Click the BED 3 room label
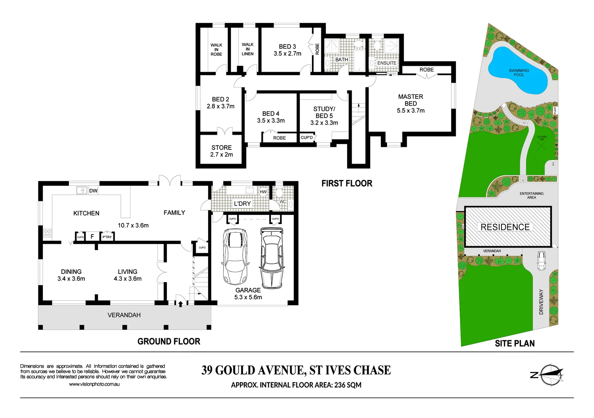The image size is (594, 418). point(287,50)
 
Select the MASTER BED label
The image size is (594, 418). point(411,100)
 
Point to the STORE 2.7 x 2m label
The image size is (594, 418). point(221,151)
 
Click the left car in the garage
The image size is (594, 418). point(235,256)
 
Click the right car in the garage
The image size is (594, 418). point(272,257)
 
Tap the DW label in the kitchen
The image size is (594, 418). point(93,191)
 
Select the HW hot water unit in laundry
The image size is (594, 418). point(263,192)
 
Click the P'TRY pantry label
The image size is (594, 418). point(107,237)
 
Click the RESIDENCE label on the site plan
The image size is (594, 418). point(505,227)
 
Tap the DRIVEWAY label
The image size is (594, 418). point(541,302)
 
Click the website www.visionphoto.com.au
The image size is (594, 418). point(94,384)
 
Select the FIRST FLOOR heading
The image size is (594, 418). point(347,183)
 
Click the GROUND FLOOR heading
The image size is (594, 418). point(169,341)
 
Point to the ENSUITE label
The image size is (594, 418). point(387,63)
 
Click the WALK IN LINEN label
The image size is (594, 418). point(248,49)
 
